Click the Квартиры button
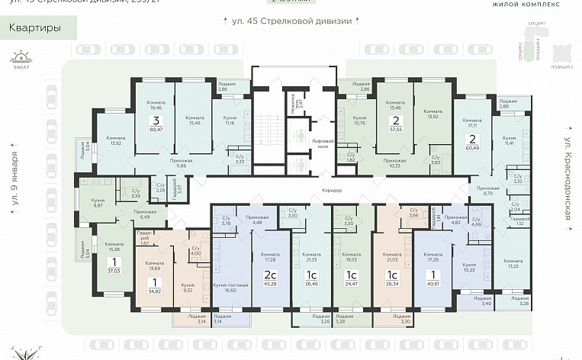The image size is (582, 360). click(32, 29)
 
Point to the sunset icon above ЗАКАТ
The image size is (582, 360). click(24, 56)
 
